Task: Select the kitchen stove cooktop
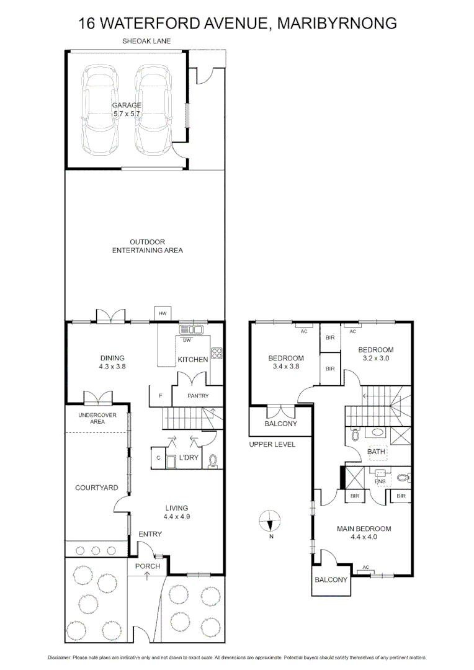[218, 354]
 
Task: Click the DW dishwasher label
[187, 339]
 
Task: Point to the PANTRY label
[199, 396]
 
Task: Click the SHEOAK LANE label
[146, 42]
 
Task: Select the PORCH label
[148, 566]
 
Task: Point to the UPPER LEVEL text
[272, 444]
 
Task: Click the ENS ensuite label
[379, 481]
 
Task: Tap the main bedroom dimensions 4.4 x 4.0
[364, 537]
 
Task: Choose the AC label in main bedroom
[365, 567]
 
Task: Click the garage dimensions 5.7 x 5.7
[127, 114]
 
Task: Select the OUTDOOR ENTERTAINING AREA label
[147, 246]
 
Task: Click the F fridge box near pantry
[161, 396]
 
